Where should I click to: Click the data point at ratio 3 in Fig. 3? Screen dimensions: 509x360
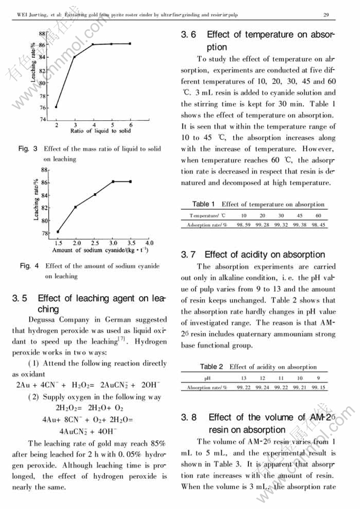pos(75,57)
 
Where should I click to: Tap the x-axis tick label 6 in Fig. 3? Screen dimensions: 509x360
pos(130,125)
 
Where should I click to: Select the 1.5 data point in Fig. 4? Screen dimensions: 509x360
pos(58,231)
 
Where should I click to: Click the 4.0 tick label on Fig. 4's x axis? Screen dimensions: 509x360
pos(149,243)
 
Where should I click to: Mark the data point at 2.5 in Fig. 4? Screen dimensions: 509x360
pos(95,195)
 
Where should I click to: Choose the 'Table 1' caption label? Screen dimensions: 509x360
pos(203,204)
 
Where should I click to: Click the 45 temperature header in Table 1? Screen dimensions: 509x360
pos(300,216)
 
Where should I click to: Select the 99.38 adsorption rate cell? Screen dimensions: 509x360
pos(300,225)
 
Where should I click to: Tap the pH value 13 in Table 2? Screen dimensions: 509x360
pos(244,379)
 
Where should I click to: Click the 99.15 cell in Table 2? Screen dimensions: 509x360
pos(318,388)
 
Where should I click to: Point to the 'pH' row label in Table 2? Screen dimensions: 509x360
pos(207,379)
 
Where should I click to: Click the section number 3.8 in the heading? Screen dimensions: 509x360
pos(188,417)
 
